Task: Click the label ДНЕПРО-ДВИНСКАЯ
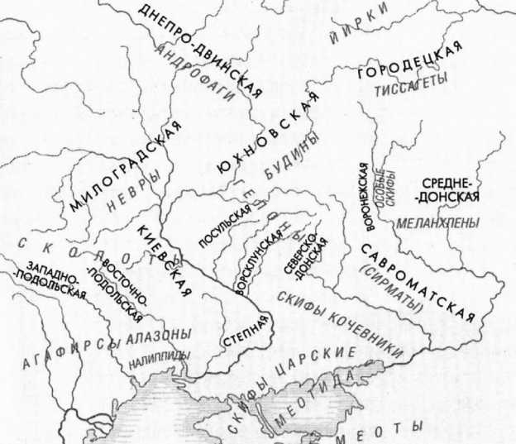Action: click(x=200, y=47)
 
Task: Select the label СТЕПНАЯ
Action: click(x=245, y=330)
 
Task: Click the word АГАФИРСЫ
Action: click(x=65, y=357)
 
